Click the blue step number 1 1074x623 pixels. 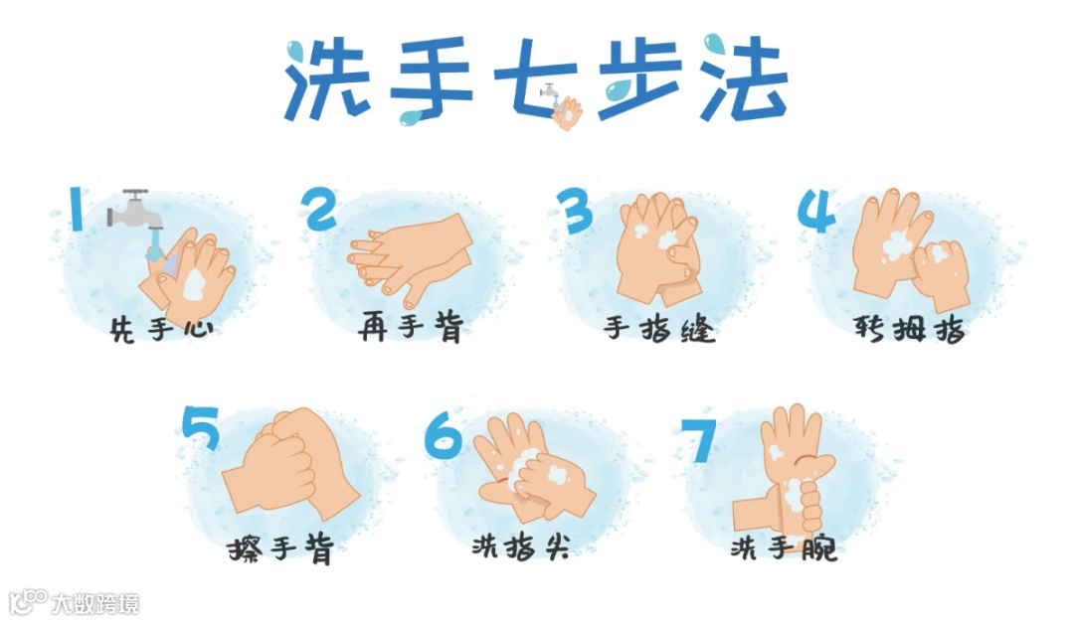click(x=77, y=210)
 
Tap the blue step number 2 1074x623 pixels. click(x=321, y=209)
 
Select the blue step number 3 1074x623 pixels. click(x=574, y=211)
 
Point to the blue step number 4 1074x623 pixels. click(x=816, y=211)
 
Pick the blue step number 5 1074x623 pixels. click(x=200, y=428)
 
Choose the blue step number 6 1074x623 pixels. click(x=443, y=435)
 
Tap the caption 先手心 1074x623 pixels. click(x=162, y=329)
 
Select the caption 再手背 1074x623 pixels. click(x=411, y=327)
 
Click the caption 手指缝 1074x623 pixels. click(x=659, y=329)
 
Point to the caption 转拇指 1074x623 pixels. click(x=909, y=329)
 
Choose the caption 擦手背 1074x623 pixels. click(x=280, y=548)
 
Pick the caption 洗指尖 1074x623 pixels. click(x=520, y=546)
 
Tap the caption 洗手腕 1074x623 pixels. click(x=784, y=547)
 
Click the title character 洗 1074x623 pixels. click(x=327, y=79)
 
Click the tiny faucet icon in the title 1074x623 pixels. click(x=550, y=91)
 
